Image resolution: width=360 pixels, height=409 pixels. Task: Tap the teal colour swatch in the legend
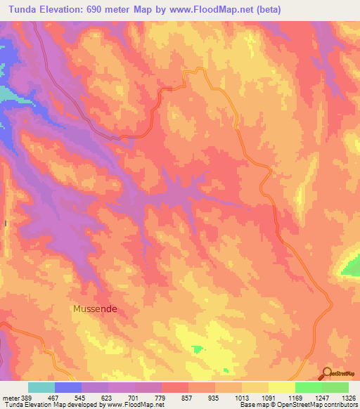click(41, 387)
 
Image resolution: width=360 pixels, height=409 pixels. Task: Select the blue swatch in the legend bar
click(68, 387)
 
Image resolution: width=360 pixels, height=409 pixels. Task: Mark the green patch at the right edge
click(352, 266)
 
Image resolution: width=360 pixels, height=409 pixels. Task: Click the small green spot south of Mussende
click(198, 349)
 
